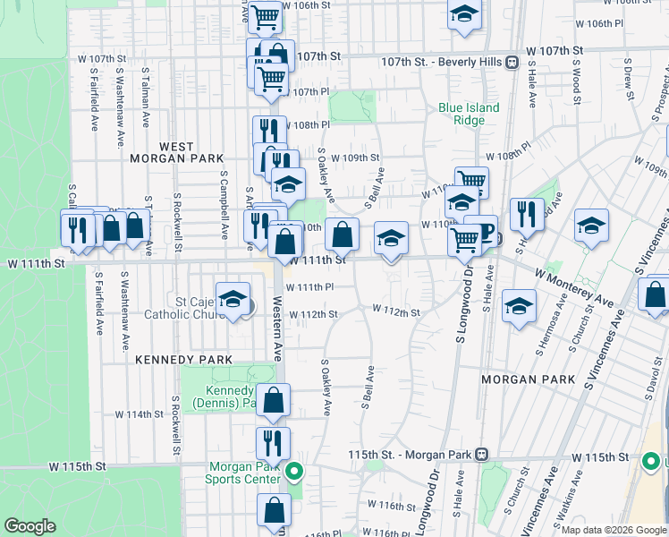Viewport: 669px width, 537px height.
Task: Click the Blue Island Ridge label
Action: point(469,114)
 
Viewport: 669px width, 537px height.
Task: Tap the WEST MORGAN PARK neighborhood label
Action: point(189,152)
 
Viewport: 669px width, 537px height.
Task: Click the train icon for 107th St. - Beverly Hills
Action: point(512,62)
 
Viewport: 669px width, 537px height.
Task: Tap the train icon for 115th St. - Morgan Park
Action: point(482,454)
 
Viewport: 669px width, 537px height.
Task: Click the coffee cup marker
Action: point(485,232)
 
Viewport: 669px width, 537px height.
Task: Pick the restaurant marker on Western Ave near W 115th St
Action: point(273,443)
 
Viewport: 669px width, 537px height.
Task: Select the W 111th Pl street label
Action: point(309,287)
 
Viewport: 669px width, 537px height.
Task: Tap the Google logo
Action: point(30,526)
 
